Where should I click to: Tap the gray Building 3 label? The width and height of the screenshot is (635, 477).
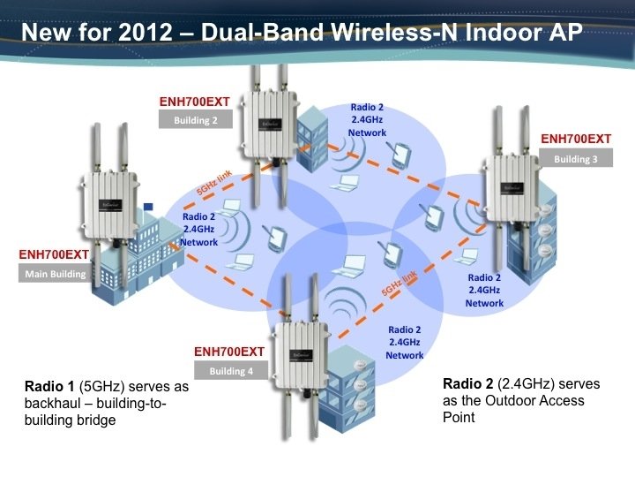[575, 159]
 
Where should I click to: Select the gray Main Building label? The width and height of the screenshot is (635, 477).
[55, 274]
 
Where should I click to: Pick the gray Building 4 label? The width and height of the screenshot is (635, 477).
[231, 371]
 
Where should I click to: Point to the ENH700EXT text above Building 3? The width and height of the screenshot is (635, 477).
[575, 139]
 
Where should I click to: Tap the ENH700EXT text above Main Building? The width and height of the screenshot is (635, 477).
[55, 254]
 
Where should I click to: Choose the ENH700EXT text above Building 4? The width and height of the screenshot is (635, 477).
[230, 352]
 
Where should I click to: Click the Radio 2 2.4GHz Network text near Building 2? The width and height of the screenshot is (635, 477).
[367, 120]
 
